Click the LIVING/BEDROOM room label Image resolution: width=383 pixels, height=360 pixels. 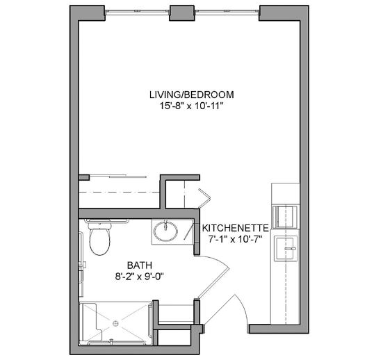192,95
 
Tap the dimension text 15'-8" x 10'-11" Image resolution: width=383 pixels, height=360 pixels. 192,106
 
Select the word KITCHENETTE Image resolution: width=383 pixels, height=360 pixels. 236,228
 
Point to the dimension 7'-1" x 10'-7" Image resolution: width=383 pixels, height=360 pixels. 236,239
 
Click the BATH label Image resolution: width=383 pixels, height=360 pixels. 140,265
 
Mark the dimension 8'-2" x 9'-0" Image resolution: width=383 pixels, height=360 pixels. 140,277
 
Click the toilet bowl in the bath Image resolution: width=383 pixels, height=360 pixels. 99,242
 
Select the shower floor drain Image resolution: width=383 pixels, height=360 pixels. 115,323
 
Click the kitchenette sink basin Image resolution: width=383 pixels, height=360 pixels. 286,248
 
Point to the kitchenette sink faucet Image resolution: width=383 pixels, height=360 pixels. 291,249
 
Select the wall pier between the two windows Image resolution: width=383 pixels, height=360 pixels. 182,13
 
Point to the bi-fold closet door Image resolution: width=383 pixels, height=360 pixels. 204,198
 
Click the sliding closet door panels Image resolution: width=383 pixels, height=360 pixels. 118,176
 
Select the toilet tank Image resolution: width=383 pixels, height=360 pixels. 99,225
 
